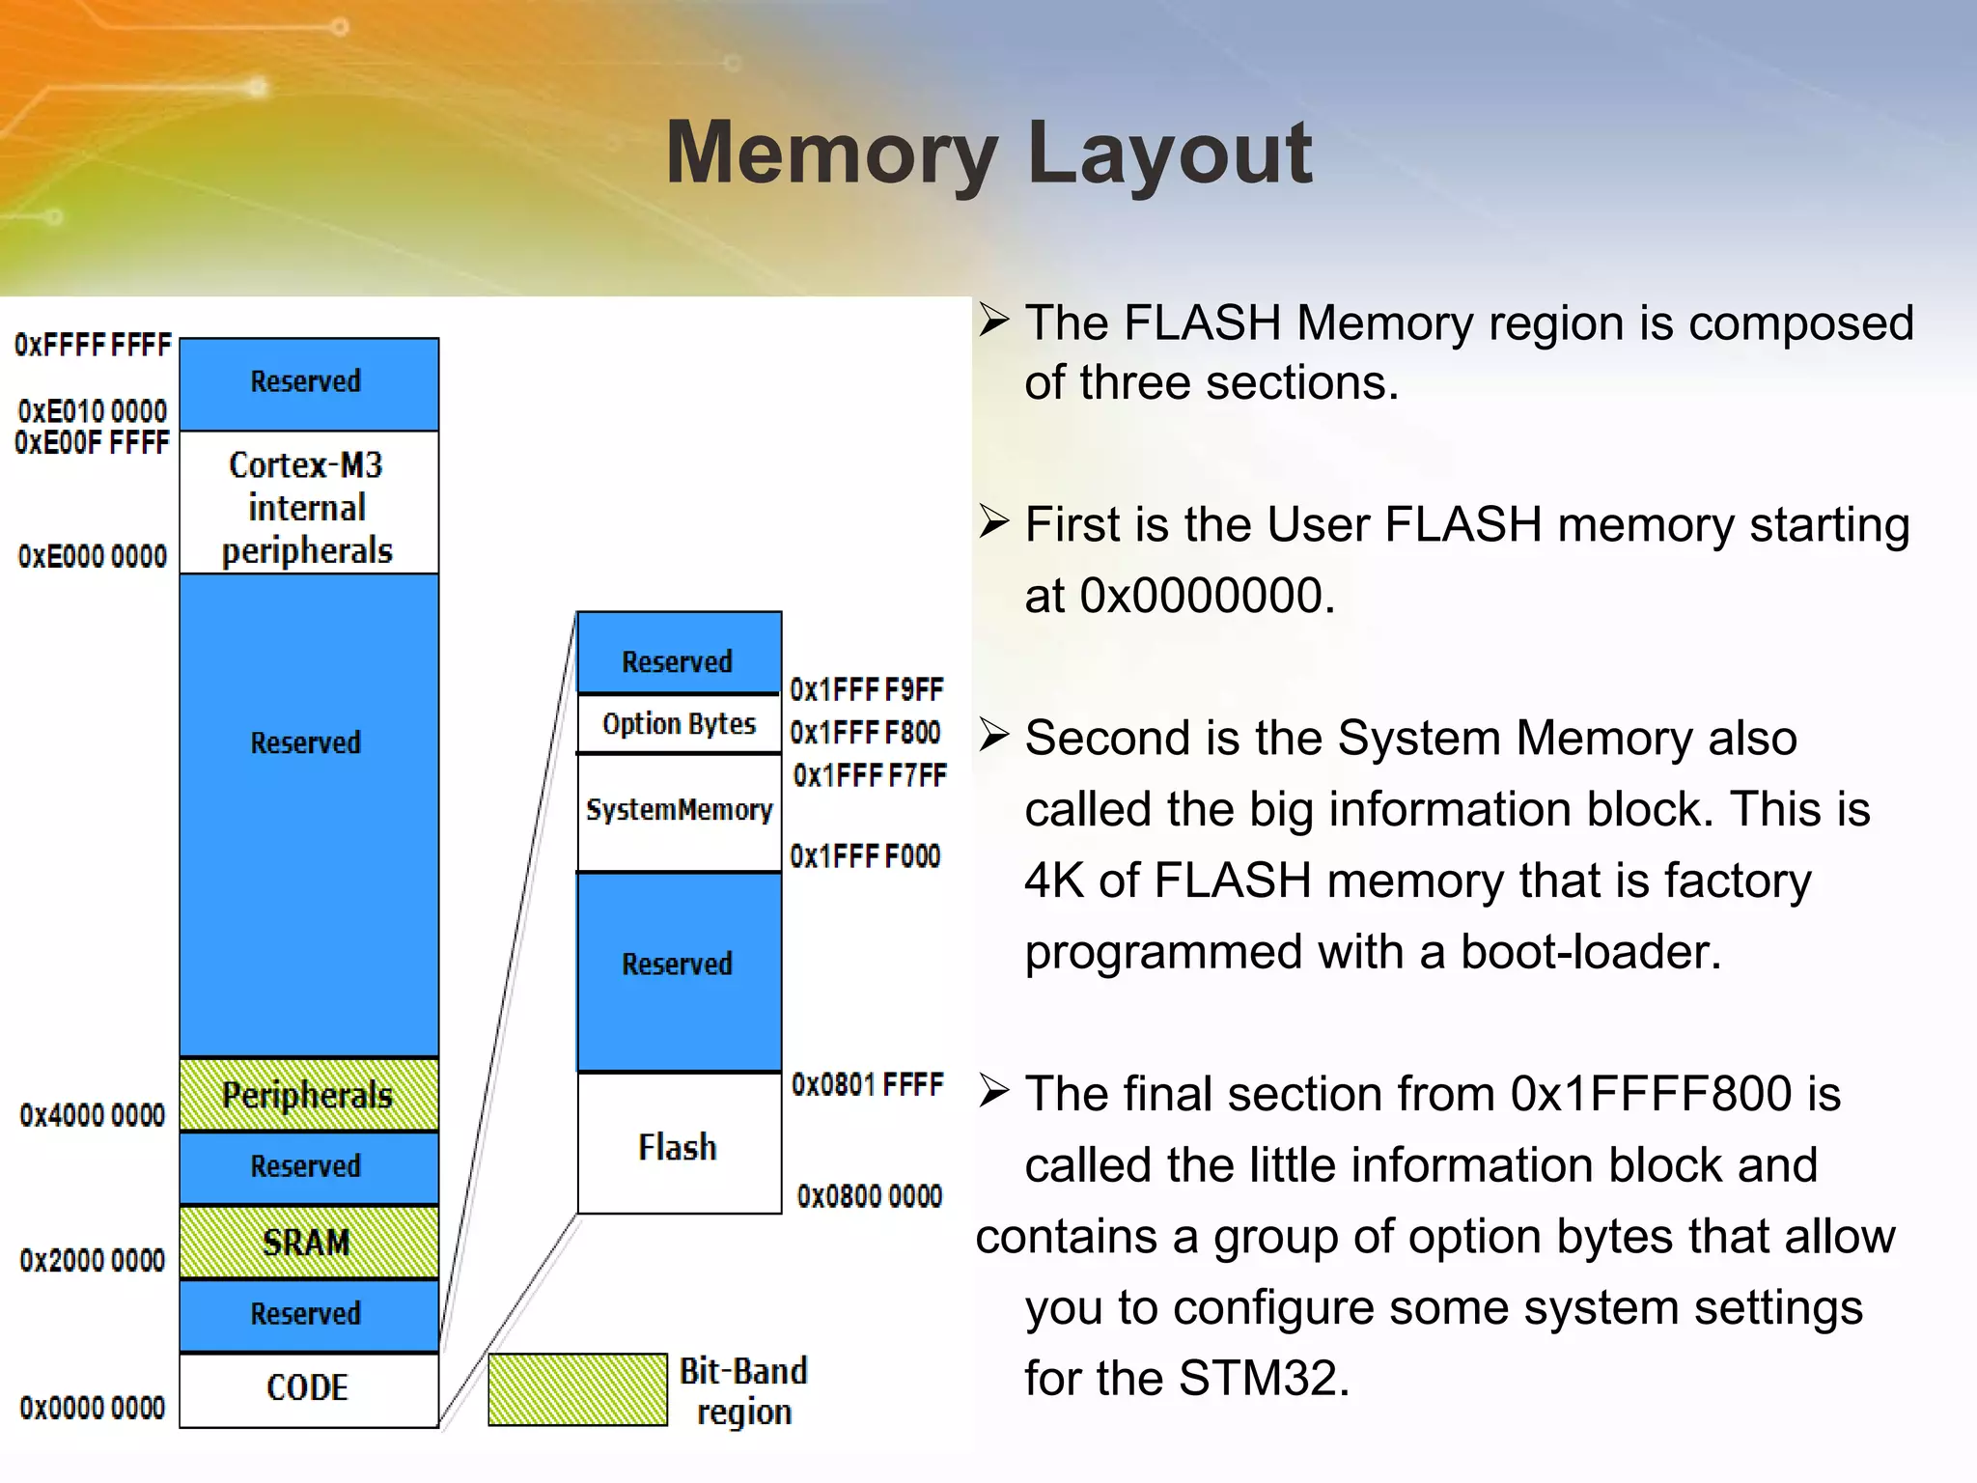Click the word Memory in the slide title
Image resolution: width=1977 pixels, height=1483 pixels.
coord(831,154)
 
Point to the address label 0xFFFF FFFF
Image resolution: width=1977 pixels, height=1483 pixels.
coord(93,346)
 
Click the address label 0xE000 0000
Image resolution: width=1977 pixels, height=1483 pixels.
coord(93,557)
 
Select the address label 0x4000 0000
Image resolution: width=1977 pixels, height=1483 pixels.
coord(93,1116)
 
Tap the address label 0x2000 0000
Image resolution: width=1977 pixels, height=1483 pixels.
coord(93,1261)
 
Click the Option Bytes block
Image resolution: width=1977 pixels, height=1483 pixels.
coord(679,724)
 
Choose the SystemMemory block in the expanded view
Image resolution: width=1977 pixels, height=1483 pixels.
coord(679,811)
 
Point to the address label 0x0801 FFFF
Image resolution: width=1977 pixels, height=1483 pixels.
coord(867,1085)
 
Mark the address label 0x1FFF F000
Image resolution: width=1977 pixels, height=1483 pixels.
coord(865,856)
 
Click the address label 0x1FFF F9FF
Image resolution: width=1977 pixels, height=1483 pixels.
coord(866,690)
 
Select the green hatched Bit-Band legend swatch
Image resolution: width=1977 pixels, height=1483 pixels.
coord(577,1389)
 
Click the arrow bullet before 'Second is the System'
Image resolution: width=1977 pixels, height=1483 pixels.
coord(994,737)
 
